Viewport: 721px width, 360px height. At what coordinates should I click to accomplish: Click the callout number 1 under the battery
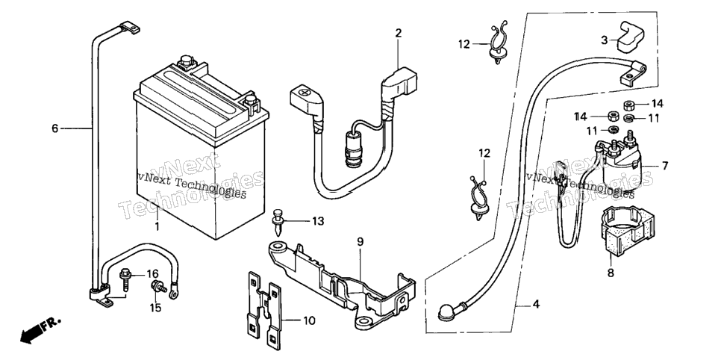coord(157,226)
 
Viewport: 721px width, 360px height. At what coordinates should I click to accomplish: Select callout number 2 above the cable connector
coord(399,33)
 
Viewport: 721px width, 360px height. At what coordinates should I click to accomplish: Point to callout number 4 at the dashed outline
coord(536,304)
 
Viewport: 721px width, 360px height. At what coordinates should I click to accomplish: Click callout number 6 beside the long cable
coord(54,128)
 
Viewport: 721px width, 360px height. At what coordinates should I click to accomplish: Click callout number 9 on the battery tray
coord(360,241)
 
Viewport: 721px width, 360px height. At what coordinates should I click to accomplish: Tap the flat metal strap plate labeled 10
coord(262,308)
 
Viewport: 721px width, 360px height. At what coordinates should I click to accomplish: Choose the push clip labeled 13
coord(277,220)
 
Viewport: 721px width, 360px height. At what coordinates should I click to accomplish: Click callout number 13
coord(318,221)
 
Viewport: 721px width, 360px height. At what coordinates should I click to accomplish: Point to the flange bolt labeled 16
coord(125,279)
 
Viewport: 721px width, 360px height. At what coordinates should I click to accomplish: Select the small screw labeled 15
coord(158,288)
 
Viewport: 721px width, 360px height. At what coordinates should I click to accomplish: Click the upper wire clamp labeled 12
coord(498,44)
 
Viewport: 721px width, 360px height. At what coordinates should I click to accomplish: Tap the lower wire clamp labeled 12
coord(478,196)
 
